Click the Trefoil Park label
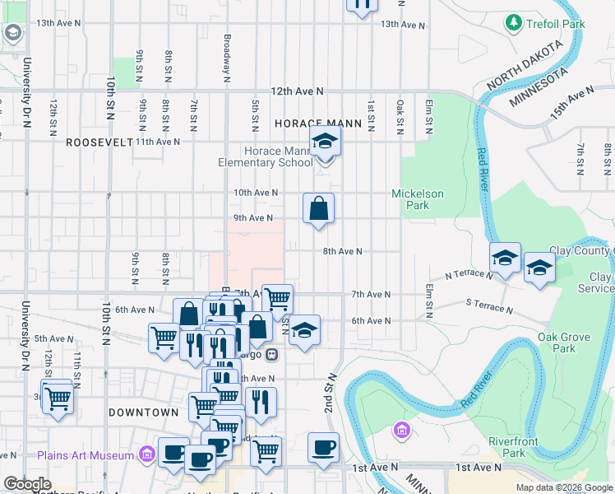click(x=557, y=24)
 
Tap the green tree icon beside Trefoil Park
click(x=515, y=22)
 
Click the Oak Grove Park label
click(x=562, y=343)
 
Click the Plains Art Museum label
click(x=85, y=455)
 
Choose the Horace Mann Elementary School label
click(x=266, y=156)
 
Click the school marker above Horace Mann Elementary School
click(x=325, y=142)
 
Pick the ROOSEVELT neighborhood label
click(x=99, y=142)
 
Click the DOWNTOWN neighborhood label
click(x=143, y=412)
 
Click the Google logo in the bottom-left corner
click(x=27, y=484)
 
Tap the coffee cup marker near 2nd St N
click(x=324, y=448)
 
